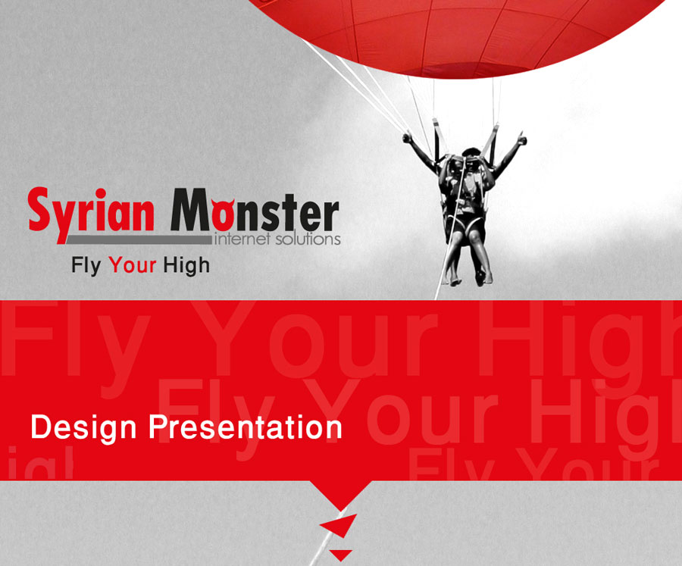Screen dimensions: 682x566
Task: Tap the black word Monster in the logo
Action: [255, 210]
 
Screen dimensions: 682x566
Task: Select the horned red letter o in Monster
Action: [224, 213]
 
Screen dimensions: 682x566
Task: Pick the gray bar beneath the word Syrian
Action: [139, 239]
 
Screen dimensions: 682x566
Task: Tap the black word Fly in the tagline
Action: [86, 265]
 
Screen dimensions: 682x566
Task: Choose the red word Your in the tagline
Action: [132, 265]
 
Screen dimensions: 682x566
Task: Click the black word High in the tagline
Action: [186, 265]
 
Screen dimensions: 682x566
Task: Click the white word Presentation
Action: [246, 427]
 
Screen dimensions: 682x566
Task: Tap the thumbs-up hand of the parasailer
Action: [521, 139]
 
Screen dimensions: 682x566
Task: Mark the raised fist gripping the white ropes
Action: [408, 138]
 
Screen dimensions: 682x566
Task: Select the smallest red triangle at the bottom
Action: [340, 555]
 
